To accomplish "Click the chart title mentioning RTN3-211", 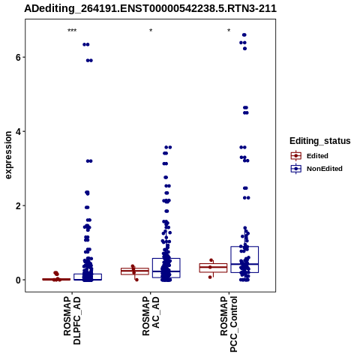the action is coord(150,8).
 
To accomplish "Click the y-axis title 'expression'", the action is coord(8,155).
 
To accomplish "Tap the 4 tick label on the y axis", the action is coord(18,131).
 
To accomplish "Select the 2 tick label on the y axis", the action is coord(18,205).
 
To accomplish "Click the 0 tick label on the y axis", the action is coord(18,280).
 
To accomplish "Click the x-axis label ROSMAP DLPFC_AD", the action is coord(72,320).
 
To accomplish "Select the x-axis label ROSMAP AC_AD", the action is coord(151,316).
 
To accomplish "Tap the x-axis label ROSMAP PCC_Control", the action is coord(229,324).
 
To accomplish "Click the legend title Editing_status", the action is coord(320,141).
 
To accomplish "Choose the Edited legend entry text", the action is coord(317,156).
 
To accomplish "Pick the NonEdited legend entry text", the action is coord(325,169).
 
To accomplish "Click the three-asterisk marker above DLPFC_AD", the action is coord(72,31).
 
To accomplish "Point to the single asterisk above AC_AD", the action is coord(151,31).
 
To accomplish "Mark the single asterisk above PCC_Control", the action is coord(229,31).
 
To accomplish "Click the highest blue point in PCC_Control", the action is coord(244,35).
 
